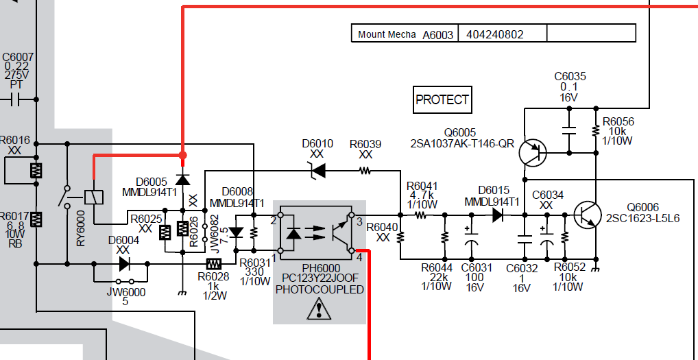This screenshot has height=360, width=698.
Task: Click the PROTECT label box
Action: point(442,99)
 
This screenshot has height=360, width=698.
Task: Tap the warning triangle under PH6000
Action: point(319,309)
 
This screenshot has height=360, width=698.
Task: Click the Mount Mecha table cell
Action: point(387,34)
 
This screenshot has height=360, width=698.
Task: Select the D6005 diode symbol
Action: point(182,179)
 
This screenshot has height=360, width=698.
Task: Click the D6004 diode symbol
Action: point(124,264)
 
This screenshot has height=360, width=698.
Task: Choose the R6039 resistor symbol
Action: point(365,171)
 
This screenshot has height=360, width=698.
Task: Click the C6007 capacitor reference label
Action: point(18,58)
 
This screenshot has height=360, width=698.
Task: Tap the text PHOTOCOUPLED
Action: point(320,290)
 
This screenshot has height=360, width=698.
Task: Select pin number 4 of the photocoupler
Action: point(359,256)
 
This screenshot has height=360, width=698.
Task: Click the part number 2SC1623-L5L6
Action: point(642,218)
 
